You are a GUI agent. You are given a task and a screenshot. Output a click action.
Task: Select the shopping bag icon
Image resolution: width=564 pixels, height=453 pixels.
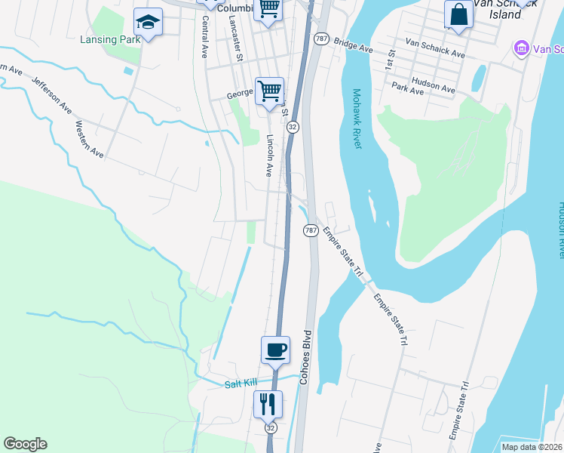click(x=458, y=14)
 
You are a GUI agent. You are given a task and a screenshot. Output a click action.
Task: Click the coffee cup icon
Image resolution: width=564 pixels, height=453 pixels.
click(x=275, y=350)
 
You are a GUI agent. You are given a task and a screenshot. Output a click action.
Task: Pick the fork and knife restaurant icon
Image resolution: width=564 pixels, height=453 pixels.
click(x=267, y=404)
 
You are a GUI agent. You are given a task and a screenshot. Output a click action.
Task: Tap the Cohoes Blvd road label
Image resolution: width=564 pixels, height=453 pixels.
click(x=306, y=357)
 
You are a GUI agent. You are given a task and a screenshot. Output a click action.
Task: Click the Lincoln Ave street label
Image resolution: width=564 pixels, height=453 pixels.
click(x=269, y=156)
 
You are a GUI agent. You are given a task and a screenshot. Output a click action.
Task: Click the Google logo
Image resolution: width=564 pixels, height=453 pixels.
click(x=25, y=444)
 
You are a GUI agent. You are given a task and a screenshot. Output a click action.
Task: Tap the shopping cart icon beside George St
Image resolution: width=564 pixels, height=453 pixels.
click(x=269, y=91)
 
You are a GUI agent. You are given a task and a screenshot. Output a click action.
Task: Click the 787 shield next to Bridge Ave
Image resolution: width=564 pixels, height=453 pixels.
click(x=321, y=39)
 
